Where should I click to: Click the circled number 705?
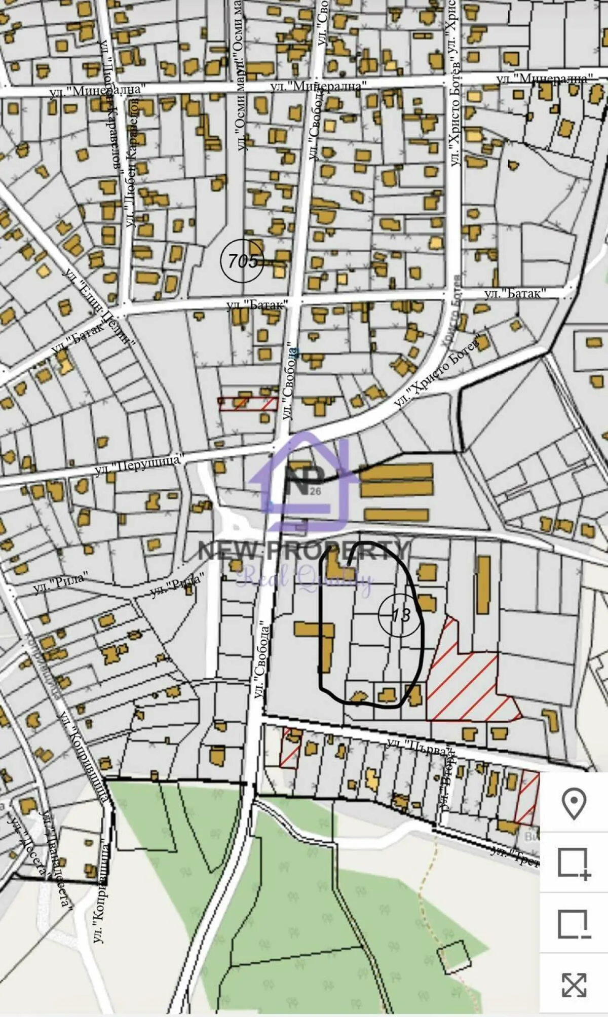point(243,261)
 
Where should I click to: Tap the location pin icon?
point(574,804)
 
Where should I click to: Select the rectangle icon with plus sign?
point(574,863)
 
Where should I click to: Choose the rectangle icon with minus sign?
point(574,924)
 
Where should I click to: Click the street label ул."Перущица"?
point(138,464)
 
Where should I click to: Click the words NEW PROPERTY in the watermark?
point(303,551)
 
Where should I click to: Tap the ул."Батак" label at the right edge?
point(515,294)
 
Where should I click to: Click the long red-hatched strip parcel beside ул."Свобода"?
point(248,404)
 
